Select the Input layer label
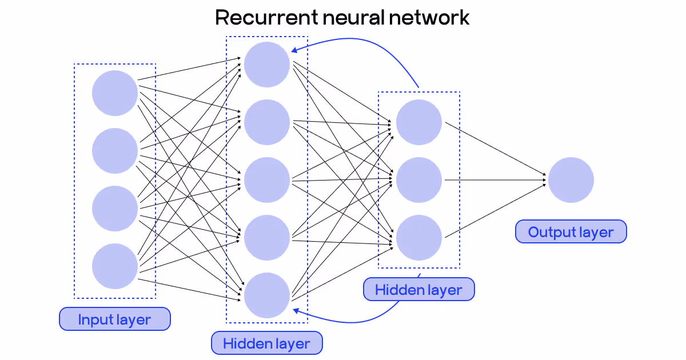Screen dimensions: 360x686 (x=115, y=319)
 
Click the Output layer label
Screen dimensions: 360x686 (x=571, y=232)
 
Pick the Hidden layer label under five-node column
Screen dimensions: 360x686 (x=266, y=343)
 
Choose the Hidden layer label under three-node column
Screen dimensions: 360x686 (x=418, y=290)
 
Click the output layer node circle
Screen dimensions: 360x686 (x=571, y=180)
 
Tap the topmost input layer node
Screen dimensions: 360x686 (x=115, y=93)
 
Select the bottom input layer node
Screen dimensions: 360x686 (x=115, y=266)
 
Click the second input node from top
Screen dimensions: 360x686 (x=115, y=151)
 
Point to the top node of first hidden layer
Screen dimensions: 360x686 (x=267, y=65)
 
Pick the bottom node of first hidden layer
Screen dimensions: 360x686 (x=267, y=295)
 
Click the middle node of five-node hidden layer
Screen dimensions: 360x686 (x=267, y=180)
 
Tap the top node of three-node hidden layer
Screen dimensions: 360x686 (x=419, y=122)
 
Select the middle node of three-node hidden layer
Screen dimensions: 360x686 (x=419, y=180)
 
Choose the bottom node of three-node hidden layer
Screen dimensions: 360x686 (x=419, y=238)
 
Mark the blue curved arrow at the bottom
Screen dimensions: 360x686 (x=354, y=321)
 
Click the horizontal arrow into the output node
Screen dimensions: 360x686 (x=494, y=181)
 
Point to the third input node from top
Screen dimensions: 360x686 (x=115, y=209)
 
